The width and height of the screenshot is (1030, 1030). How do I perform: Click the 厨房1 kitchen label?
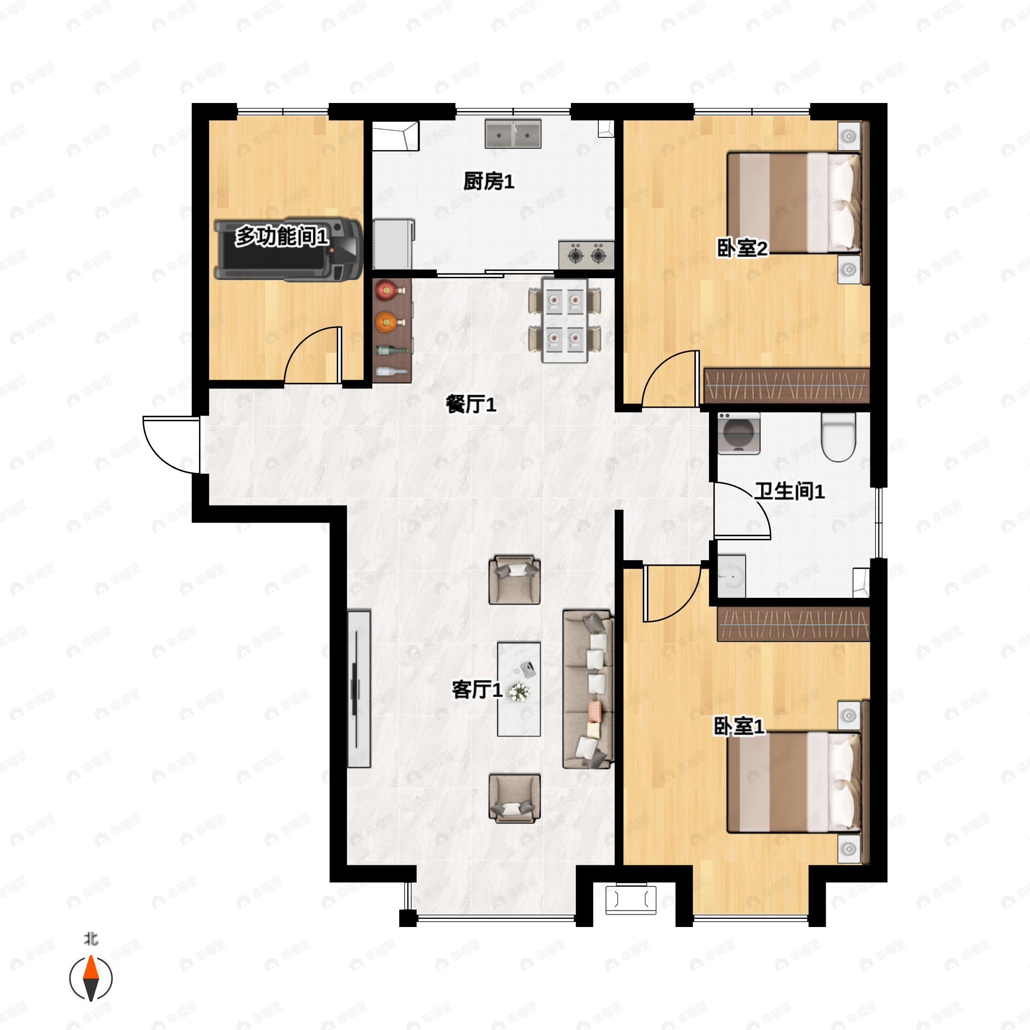(x=488, y=182)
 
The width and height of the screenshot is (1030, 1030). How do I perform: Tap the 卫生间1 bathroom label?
(x=789, y=491)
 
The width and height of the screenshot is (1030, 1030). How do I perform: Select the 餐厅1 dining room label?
(x=471, y=405)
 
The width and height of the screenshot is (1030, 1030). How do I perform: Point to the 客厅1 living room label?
(x=477, y=690)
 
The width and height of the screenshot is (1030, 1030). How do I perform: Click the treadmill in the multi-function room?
(x=288, y=248)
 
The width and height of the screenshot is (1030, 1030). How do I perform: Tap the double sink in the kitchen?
(x=513, y=134)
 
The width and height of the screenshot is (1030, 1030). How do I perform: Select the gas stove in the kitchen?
(x=586, y=255)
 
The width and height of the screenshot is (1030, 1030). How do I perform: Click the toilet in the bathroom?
(x=838, y=436)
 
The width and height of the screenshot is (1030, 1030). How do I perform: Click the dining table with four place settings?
(x=565, y=321)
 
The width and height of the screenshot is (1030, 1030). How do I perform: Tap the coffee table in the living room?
(x=519, y=689)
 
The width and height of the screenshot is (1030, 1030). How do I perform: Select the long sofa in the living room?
(x=588, y=689)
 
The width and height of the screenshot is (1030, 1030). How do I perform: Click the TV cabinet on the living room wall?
(x=359, y=689)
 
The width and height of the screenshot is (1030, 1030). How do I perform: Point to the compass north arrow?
(x=91, y=978)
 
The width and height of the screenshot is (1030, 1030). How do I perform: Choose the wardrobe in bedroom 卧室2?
(x=786, y=385)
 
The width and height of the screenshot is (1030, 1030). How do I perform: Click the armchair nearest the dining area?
(x=515, y=580)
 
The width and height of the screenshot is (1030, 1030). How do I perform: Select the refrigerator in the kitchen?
(x=394, y=244)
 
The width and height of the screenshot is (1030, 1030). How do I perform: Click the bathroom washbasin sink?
(x=731, y=576)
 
